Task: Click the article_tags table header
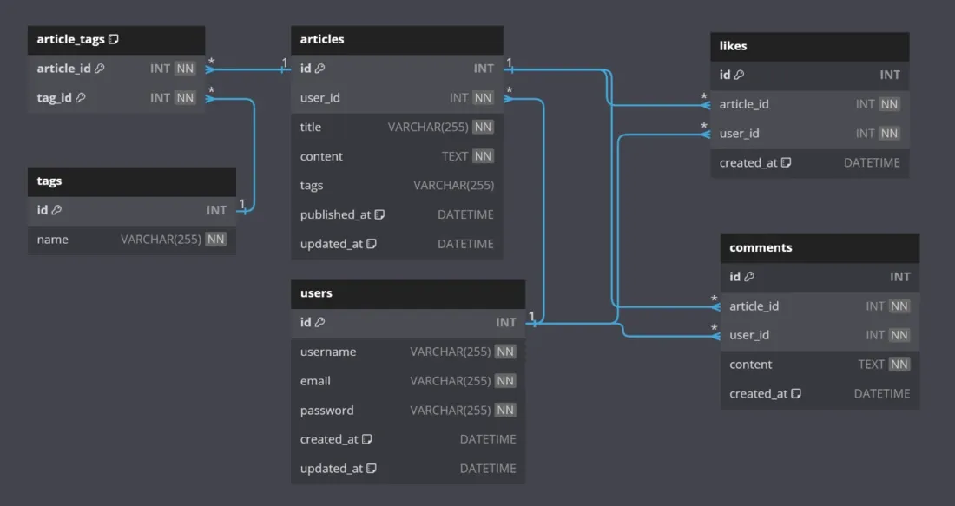click(x=71, y=40)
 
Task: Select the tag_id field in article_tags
click(x=55, y=98)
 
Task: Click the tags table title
click(x=49, y=181)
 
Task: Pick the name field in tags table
click(x=53, y=240)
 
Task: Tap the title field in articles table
click(x=311, y=128)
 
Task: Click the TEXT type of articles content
click(x=455, y=156)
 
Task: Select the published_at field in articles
click(x=335, y=215)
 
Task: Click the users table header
click(x=317, y=293)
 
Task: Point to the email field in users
click(x=315, y=381)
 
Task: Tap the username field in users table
click(x=328, y=352)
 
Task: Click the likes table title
click(x=734, y=46)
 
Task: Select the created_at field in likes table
click(x=748, y=163)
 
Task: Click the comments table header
click(x=761, y=247)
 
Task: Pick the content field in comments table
click(x=751, y=365)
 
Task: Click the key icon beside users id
click(x=320, y=323)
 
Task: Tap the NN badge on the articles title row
click(x=484, y=128)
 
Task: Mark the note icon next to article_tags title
click(x=114, y=40)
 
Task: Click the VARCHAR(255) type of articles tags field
click(x=454, y=186)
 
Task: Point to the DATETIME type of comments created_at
click(x=882, y=394)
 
